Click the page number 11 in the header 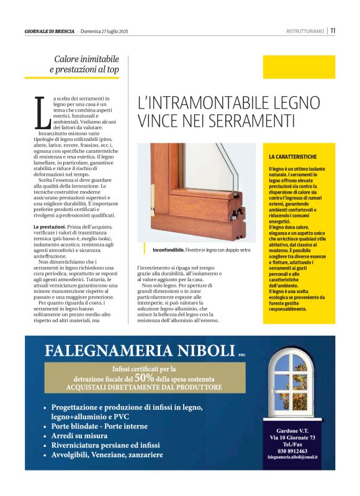click(x=333, y=30)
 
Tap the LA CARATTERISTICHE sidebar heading click(x=293, y=158)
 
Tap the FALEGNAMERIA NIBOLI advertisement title click(x=139, y=351)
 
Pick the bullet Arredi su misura click(x=80, y=436)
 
